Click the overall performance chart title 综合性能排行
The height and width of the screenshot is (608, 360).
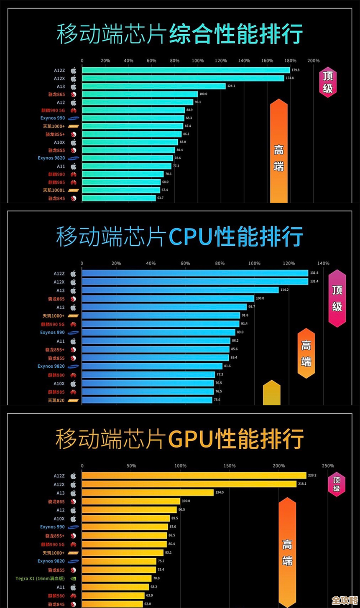[236, 34]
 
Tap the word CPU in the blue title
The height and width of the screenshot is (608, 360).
[191, 237]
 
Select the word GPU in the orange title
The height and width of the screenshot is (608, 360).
[191, 439]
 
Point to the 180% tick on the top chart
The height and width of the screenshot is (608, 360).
[290, 61]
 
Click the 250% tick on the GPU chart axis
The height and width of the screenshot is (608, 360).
[328, 466]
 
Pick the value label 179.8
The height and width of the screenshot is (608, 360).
[296, 70]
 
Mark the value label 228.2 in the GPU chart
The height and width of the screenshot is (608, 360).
[312, 476]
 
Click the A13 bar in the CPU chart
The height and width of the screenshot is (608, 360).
[180, 290]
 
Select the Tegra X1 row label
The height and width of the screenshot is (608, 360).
[40, 579]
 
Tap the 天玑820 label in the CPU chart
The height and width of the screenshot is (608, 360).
[56, 400]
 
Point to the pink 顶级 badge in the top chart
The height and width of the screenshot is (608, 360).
[328, 82]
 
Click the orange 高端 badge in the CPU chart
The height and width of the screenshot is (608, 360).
[306, 353]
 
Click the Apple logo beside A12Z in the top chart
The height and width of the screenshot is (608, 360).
[74, 71]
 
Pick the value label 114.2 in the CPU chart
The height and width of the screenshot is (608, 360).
[284, 290]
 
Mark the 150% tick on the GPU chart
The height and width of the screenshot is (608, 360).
[230, 466]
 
